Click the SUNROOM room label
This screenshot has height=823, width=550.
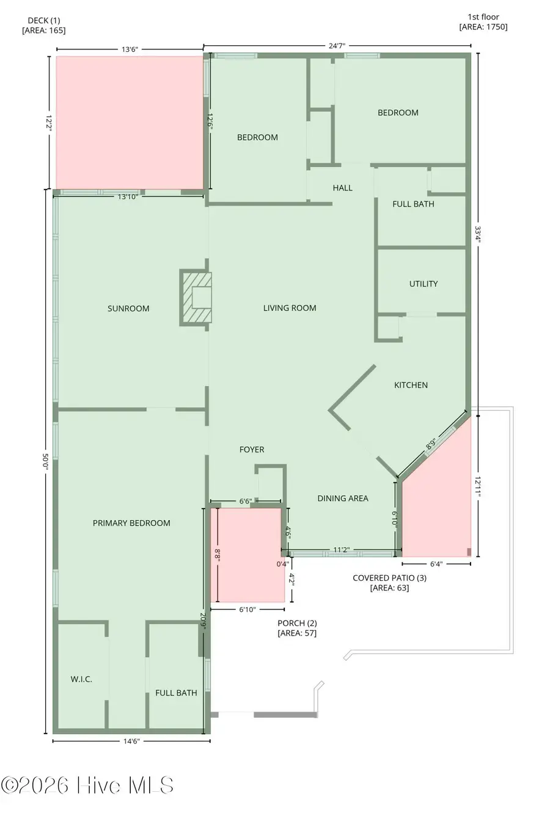click(128, 308)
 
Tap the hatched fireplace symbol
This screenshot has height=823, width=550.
click(196, 298)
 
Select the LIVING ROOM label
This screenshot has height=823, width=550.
click(290, 308)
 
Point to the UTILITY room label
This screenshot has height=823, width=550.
click(423, 283)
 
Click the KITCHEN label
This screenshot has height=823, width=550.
click(411, 385)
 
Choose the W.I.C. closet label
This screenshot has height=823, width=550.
click(81, 679)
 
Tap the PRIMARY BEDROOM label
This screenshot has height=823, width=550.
click(131, 523)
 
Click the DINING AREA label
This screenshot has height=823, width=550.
click(342, 498)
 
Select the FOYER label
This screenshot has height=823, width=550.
click(252, 449)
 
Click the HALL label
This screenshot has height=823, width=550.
click(342, 188)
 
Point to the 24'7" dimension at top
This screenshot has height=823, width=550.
click(337, 46)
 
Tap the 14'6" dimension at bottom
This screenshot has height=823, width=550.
click(131, 741)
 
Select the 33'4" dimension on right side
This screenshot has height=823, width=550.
click(478, 234)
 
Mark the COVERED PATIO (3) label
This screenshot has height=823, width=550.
click(389, 583)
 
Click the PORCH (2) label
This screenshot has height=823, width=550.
click(297, 628)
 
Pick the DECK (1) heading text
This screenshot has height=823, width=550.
click(43, 25)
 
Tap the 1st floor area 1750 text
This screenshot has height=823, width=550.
click(483, 22)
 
